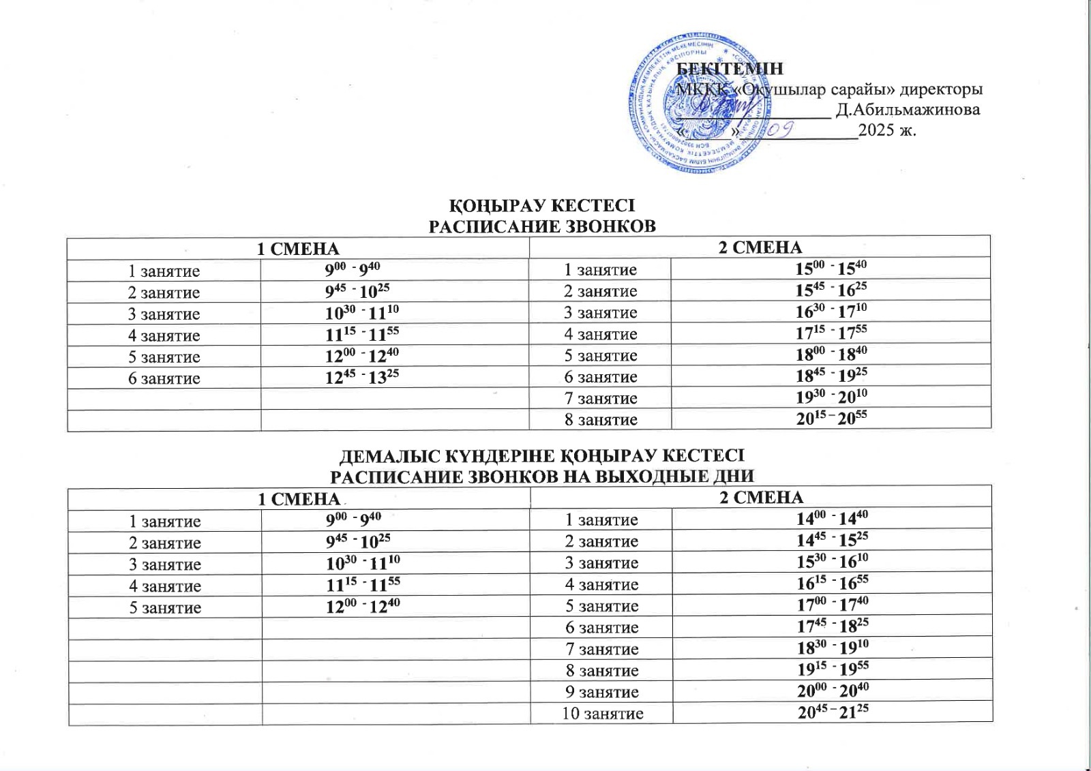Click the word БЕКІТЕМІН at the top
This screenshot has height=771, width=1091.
(x=730, y=69)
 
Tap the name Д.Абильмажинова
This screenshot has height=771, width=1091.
(x=908, y=110)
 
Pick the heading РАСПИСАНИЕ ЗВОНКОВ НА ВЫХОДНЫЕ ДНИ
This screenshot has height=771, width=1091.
(x=541, y=476)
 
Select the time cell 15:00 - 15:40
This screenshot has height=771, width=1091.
(x=831, y=268)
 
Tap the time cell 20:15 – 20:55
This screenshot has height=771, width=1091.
(x=831, y=418)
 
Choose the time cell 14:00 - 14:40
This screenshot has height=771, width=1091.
(x=832, y=519)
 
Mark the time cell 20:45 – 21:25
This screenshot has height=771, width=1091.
(x=833, y=712)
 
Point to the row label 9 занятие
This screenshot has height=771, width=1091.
(x=602, y=692)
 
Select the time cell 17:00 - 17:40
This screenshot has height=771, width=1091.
(x=832, y=605)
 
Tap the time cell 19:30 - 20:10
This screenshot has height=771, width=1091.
(x=831, y=397)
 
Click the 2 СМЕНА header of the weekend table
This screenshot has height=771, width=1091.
(x=762, y=498)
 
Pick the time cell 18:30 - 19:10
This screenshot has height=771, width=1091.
(x=832, y=648)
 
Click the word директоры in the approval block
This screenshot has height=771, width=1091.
(x=941, y=89)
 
